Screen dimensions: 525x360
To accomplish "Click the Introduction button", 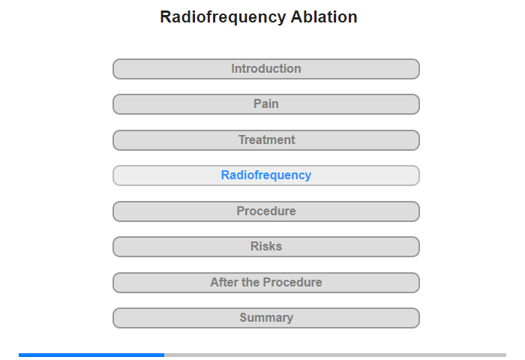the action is click(265, 69).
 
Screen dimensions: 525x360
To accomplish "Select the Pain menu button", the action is click(265, 104).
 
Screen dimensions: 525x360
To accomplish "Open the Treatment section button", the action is click(265, 140).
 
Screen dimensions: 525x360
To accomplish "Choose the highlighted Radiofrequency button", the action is click(265, 175).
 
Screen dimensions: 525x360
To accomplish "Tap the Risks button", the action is click(265, 247).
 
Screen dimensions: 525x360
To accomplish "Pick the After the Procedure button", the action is click(265, 283).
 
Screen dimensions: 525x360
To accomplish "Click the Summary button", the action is click(265, 318).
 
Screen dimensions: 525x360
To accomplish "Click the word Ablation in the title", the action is click(324, 16).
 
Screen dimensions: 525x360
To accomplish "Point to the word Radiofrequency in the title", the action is click(223, 17).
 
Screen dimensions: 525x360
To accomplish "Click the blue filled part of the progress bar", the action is click(91, 355).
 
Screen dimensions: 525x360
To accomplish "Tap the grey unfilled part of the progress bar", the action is click(335, 355).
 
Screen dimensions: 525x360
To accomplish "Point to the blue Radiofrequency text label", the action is click(266, 175).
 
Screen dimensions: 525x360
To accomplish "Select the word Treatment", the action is click(266, 139).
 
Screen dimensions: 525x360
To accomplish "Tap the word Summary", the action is click(266, 317).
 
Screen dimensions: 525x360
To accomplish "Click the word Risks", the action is click(266, 247).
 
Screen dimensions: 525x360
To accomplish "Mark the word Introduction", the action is click(266, 69).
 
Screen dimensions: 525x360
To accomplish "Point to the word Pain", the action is click(265, 103).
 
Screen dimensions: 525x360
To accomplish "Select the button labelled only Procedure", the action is click(265, 211).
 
